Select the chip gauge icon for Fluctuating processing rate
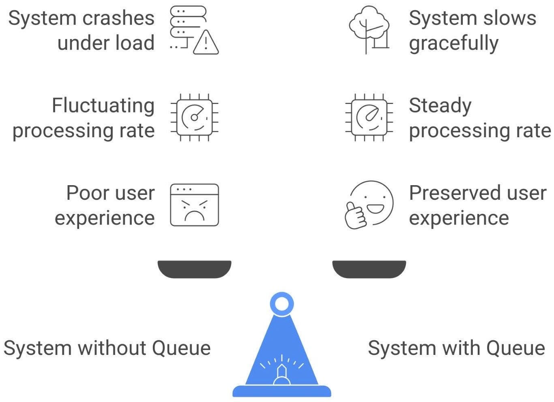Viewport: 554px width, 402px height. point(194,118)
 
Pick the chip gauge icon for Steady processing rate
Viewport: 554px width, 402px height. point(369,118)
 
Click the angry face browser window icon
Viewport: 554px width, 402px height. point(194,205)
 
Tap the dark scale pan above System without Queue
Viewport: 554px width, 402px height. point(194,269)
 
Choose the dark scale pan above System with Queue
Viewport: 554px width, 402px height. point(369,269)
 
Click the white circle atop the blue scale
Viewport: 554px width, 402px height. point(281,304)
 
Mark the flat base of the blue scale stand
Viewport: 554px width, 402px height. point(281,391)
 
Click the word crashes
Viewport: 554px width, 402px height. point(118,18)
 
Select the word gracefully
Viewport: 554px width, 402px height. point(453,43)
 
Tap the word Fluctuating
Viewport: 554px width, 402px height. point(103,106)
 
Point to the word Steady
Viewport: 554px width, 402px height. point(440,106)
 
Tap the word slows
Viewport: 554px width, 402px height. point(513,18)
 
